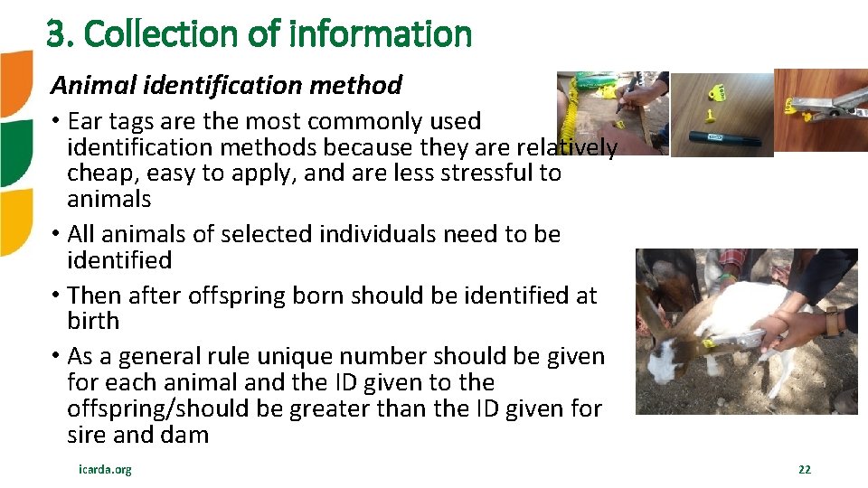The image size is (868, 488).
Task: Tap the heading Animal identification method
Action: tap(226, 85)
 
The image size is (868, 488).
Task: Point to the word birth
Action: tap(93, 321)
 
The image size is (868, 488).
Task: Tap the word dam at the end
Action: tap(186, 435)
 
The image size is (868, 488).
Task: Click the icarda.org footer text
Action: tap(105, 469)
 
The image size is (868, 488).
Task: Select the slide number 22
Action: tap(804, 469)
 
